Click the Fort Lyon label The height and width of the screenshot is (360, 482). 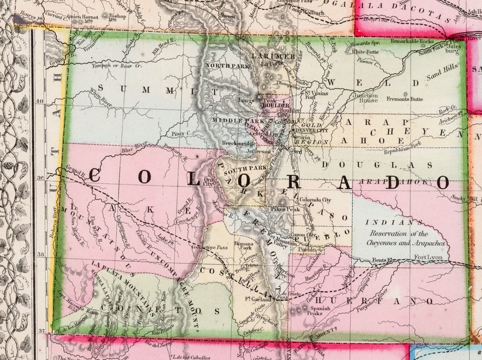[428, 258]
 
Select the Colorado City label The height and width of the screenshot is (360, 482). [314, 200]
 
